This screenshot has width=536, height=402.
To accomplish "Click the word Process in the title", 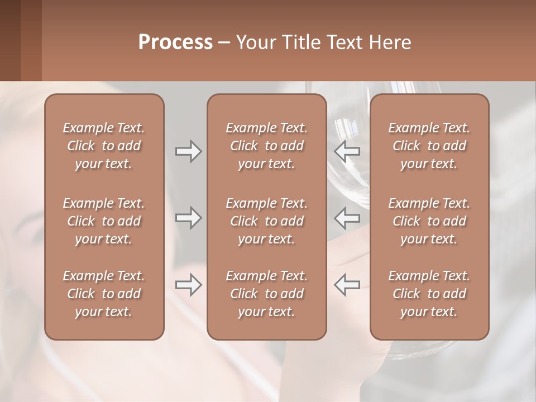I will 175,42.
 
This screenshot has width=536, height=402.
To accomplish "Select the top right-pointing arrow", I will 188,151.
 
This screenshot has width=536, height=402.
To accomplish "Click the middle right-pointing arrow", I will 188,217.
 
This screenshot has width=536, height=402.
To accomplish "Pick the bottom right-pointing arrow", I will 188,285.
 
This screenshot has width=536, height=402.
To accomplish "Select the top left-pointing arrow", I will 347,151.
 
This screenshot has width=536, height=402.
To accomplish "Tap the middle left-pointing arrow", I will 347,217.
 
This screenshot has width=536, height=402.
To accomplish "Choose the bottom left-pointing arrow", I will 347,285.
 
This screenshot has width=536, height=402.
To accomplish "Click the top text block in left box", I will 104,146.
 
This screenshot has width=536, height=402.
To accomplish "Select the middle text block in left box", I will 104,221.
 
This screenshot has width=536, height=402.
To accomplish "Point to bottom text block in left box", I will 104,294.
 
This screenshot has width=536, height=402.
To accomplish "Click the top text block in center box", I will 266,146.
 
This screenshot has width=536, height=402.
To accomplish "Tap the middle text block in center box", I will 266,221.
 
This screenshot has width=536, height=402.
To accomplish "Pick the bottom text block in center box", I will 266,294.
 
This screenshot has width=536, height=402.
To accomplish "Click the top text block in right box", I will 429,146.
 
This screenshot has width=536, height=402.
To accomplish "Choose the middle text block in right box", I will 429,221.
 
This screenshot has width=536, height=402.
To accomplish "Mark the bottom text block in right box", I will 429,294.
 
